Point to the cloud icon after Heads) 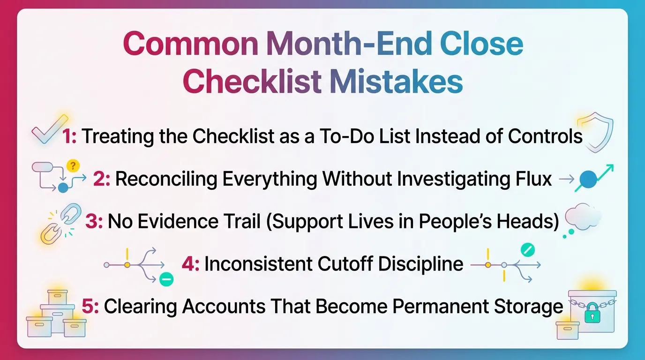click(x=583, y=218)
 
